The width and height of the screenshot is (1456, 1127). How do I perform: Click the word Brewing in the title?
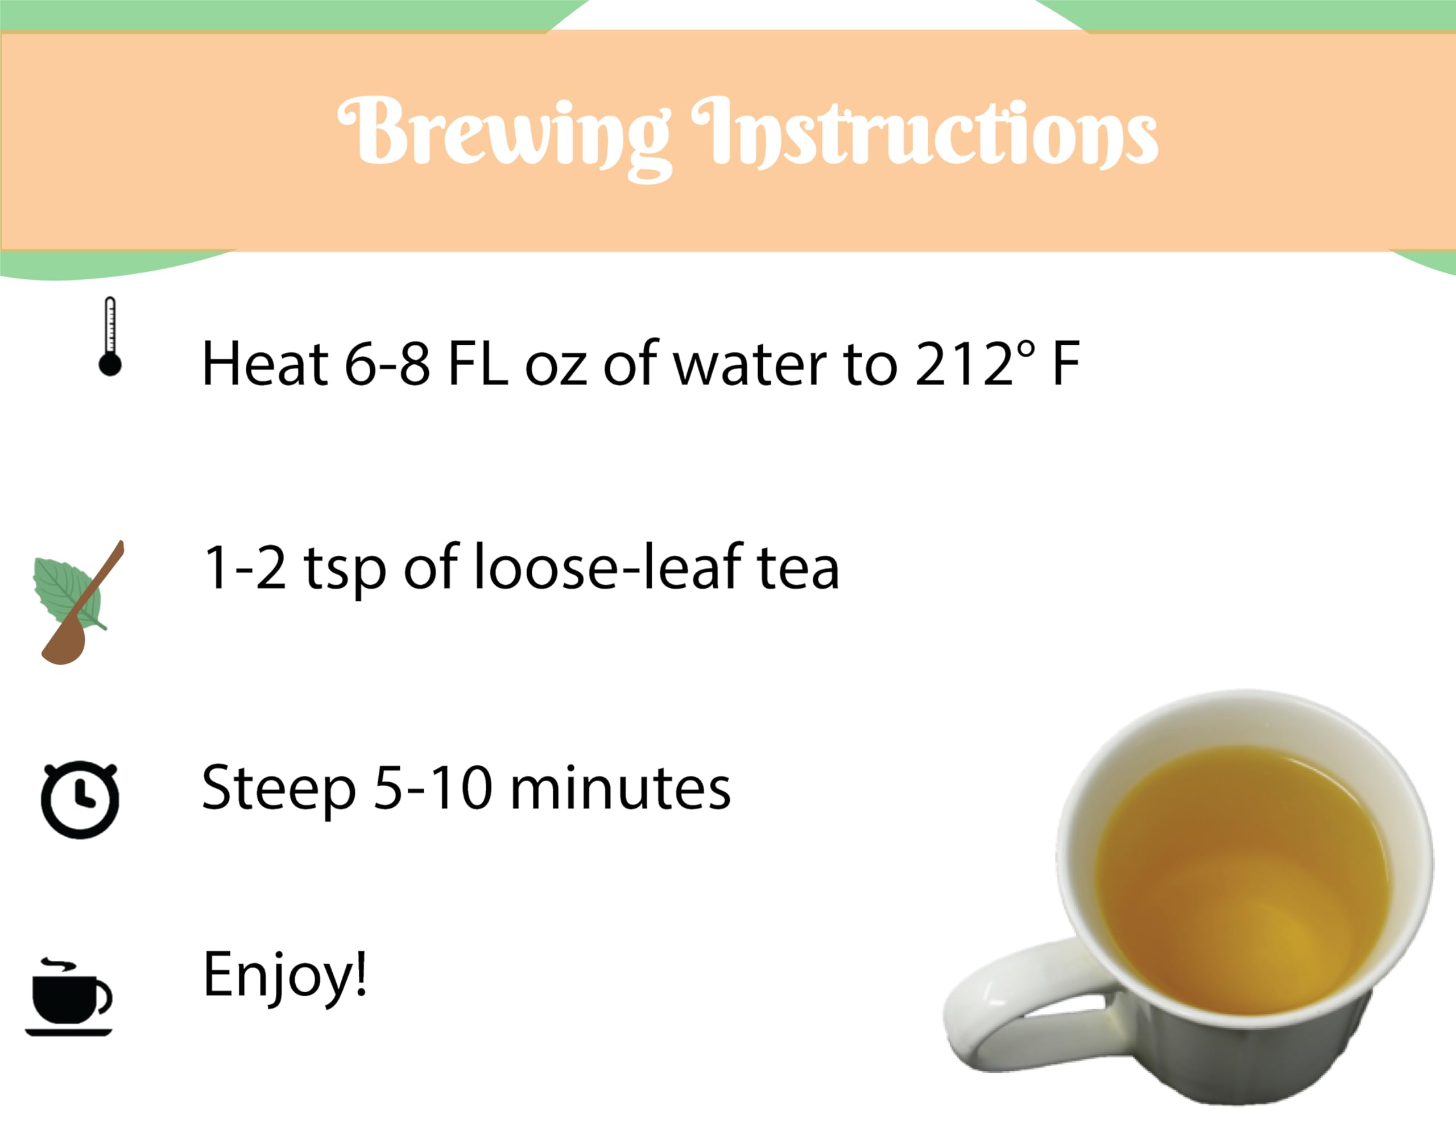(503, 133)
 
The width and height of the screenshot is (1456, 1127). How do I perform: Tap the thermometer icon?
(110, 337)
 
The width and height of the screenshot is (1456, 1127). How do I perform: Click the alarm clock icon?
(80, 798)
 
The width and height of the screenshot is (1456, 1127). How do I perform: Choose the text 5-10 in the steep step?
(433, 789)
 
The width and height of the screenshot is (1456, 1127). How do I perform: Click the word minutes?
(620, 790)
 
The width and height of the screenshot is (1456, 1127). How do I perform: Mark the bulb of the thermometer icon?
(110, 365)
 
